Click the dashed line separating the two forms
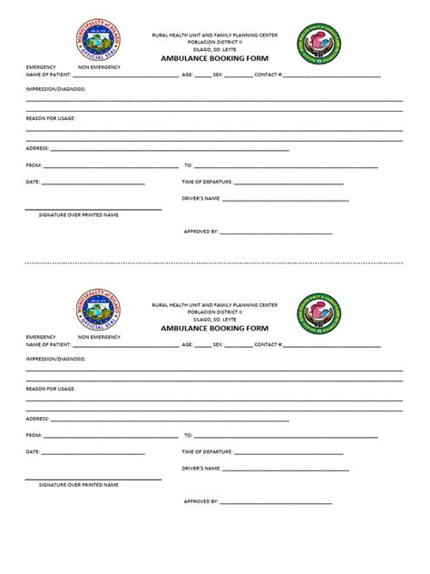click(x=215, y=263)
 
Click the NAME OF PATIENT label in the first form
click(x=48, y=74)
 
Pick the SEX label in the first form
click(x=218, y=74)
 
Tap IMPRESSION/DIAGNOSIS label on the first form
click(x=56, y=89)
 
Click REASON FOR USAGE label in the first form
click(x=51, y=118)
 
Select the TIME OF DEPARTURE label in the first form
click(x=208, y=182)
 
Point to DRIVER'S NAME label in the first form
click(x=201, y=198)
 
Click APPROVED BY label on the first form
click(x=200, y=232)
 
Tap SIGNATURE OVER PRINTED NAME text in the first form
click(x=78, y=214)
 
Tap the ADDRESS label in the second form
click(x=37, y=418)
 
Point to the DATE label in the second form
click(x=33, y=451)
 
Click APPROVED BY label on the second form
click(x=200, y=501)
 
